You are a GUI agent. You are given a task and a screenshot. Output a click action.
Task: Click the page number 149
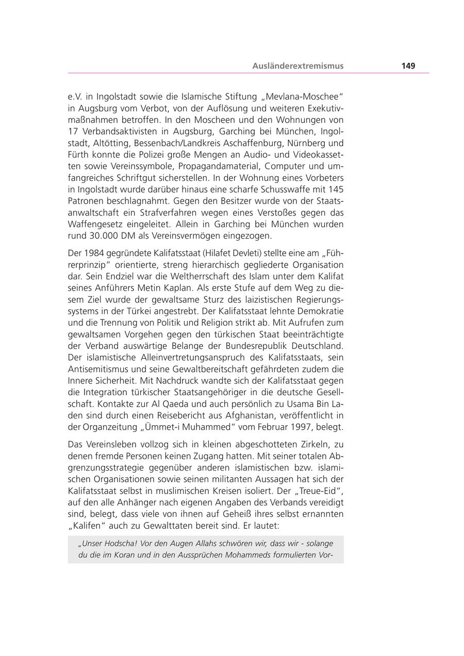click(x=408, y=66)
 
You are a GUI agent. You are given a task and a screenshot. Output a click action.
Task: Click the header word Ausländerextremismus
click(x=298, y=66)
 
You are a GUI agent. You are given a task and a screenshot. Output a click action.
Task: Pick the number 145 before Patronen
click(x=335, y=189)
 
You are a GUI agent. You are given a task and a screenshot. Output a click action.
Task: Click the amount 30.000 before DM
click(x=102, y=236)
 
